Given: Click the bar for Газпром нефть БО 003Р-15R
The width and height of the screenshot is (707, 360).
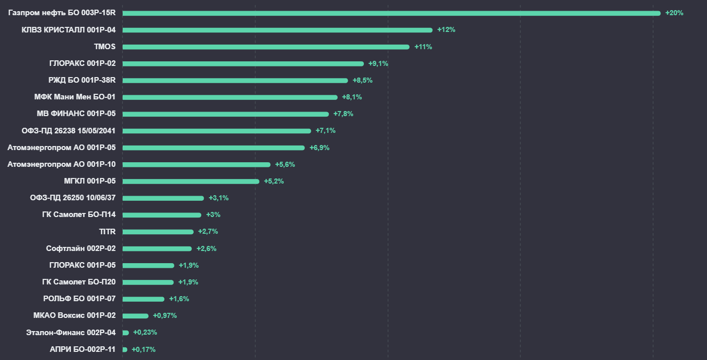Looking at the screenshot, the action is tap(391, 13).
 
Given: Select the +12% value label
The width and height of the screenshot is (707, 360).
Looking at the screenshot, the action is tap(446, 30).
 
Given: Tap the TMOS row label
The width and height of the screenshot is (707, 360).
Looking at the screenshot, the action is tap(105, 47).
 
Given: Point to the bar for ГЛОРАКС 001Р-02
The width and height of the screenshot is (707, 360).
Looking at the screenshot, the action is tap(243, 64).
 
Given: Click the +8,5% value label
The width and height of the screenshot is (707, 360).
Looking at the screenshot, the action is tap(362, 80).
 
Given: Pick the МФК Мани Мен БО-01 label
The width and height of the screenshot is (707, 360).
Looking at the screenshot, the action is tap(75, 97).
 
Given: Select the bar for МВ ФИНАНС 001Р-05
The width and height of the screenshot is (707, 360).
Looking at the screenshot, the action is tap(226, 114).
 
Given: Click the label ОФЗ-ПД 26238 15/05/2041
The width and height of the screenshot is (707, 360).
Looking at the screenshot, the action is tap(68, 131).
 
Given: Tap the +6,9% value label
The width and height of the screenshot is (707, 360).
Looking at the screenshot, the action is tap(319, 148).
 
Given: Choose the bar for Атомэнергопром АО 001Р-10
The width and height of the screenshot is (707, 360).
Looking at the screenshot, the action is tap(196, 164).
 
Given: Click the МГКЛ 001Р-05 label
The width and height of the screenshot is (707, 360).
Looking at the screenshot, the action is tap(90, 181).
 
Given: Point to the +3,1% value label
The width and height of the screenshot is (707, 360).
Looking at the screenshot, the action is tap(218, 198).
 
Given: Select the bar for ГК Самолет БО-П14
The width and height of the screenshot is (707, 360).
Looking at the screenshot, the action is tap(162, 215).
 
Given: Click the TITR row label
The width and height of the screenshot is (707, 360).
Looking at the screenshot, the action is tap(107, 232).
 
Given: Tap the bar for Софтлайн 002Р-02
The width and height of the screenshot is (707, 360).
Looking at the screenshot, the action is tap(157, 248).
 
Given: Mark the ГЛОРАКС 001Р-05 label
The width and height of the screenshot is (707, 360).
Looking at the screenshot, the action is tap(83, 265).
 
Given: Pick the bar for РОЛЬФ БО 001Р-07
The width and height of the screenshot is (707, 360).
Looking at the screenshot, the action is tap(143, 299).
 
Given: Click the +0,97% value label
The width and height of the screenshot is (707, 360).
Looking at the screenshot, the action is tap(165, 315).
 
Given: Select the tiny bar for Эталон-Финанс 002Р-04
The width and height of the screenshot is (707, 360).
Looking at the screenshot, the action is tap(126, 333).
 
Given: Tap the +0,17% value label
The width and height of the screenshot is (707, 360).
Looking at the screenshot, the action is tap(143, 349).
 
